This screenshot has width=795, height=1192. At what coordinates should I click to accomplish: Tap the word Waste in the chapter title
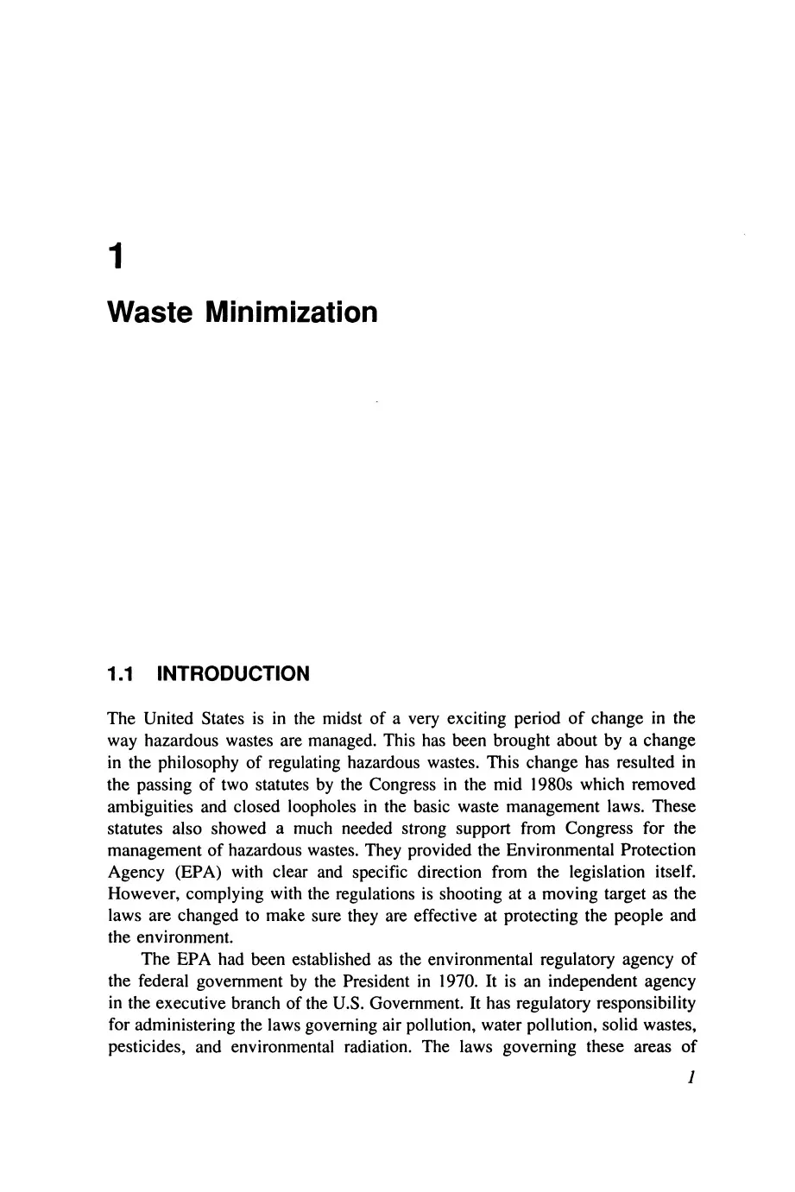[149, 312]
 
